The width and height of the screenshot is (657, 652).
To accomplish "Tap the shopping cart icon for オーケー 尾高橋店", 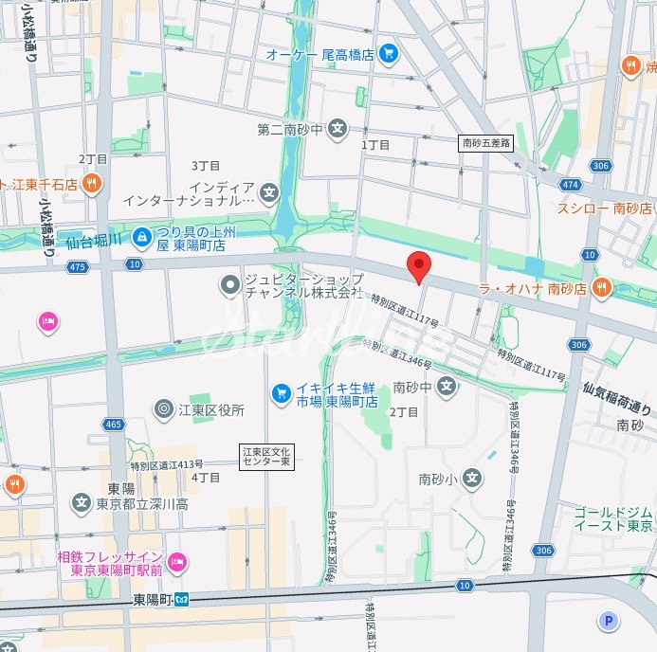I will pos(387,54).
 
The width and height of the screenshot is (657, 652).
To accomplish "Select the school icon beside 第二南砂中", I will pos(338,128).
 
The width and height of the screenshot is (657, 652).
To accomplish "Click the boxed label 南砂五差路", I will pos(485,143).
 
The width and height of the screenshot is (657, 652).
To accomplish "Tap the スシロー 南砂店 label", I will pos(605,208).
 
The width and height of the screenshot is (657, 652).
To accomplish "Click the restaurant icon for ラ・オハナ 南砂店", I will pos(601,287).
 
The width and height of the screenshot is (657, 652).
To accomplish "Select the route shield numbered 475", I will pos(78,267).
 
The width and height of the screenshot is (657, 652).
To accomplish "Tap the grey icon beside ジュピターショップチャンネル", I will pos(229,284).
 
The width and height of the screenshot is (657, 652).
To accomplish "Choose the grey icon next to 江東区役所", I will pos(163,409).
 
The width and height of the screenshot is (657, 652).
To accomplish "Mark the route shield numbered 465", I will pos(114,425).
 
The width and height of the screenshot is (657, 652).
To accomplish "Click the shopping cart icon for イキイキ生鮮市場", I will pos(281,391).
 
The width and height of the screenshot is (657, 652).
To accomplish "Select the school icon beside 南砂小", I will pos(472,480).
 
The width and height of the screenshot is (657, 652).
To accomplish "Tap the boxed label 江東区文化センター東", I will pos(266,457).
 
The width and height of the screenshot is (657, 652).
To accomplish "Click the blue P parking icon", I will pos(608,621).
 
